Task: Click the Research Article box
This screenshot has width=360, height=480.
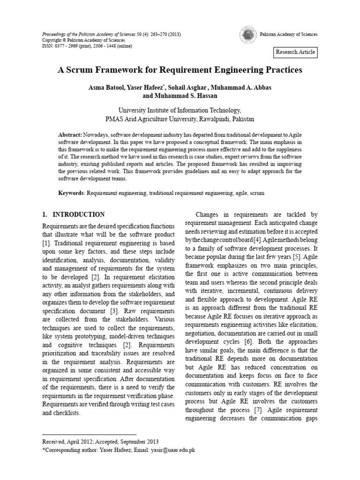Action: (296, 52)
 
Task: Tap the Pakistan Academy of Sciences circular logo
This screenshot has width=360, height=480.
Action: (247, 35)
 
